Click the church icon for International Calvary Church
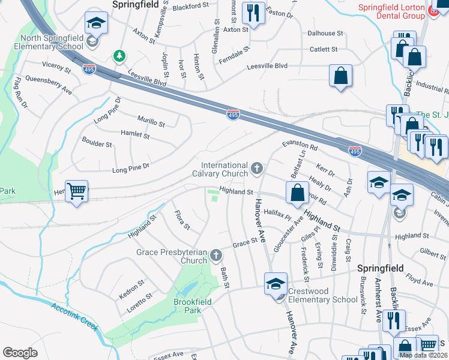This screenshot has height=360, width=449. point(258,167)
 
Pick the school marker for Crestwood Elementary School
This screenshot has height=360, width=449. point(276,283)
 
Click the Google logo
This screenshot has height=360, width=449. point(20,353)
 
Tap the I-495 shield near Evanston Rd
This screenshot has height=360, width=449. point(355,152)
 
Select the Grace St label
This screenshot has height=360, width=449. point(245,242)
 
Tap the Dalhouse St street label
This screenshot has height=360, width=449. point(324,34)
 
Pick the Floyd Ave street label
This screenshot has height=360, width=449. point(420,280)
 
